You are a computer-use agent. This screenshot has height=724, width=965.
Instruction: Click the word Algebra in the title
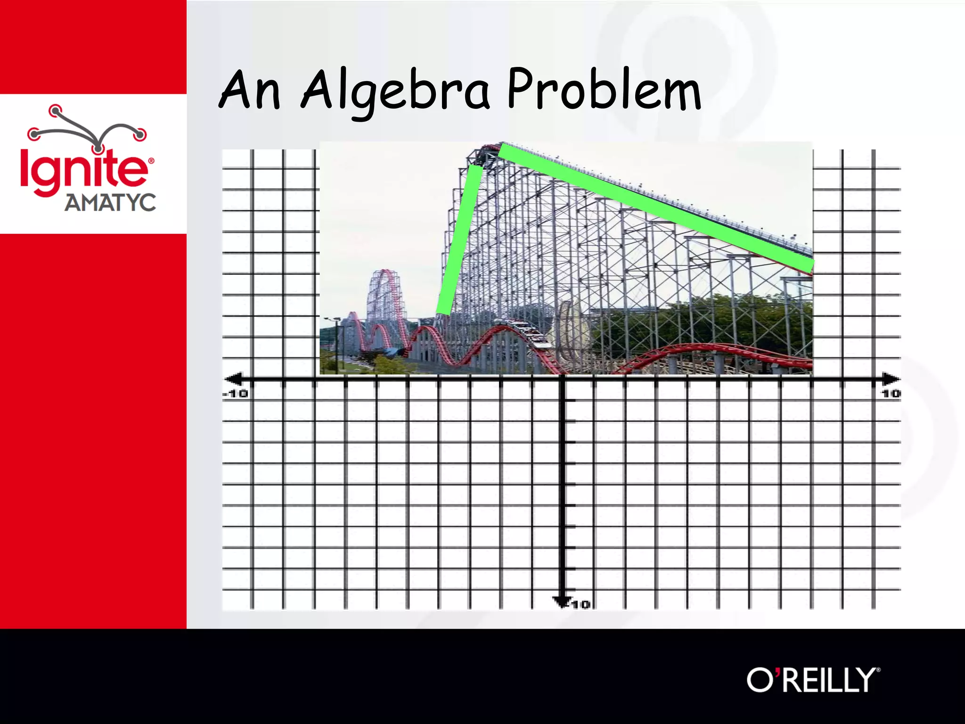tap(395, 90)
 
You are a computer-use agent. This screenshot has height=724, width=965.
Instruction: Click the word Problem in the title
tap(604, 90)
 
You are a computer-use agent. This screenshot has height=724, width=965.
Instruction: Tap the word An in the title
tap(250, 90)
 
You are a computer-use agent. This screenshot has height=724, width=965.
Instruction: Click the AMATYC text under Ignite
tap(110, 203)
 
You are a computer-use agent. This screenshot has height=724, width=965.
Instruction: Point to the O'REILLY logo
tap(813, 680)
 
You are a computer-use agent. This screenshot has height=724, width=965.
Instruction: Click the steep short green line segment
tap(460, 239)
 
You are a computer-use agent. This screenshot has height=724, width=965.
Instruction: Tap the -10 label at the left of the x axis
tap(235, 393)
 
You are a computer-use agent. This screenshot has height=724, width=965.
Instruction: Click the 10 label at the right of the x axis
tap(891, 393)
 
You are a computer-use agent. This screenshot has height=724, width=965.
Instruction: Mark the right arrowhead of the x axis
tap(891, 378)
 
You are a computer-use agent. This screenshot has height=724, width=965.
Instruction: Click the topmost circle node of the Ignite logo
tap(56, 111)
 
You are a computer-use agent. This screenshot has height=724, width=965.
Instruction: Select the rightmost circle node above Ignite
tap(139, 135)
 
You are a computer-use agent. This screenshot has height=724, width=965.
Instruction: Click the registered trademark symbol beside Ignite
tap(151, 161)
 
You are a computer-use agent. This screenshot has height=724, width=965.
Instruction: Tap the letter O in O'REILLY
tap(760, 680)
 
